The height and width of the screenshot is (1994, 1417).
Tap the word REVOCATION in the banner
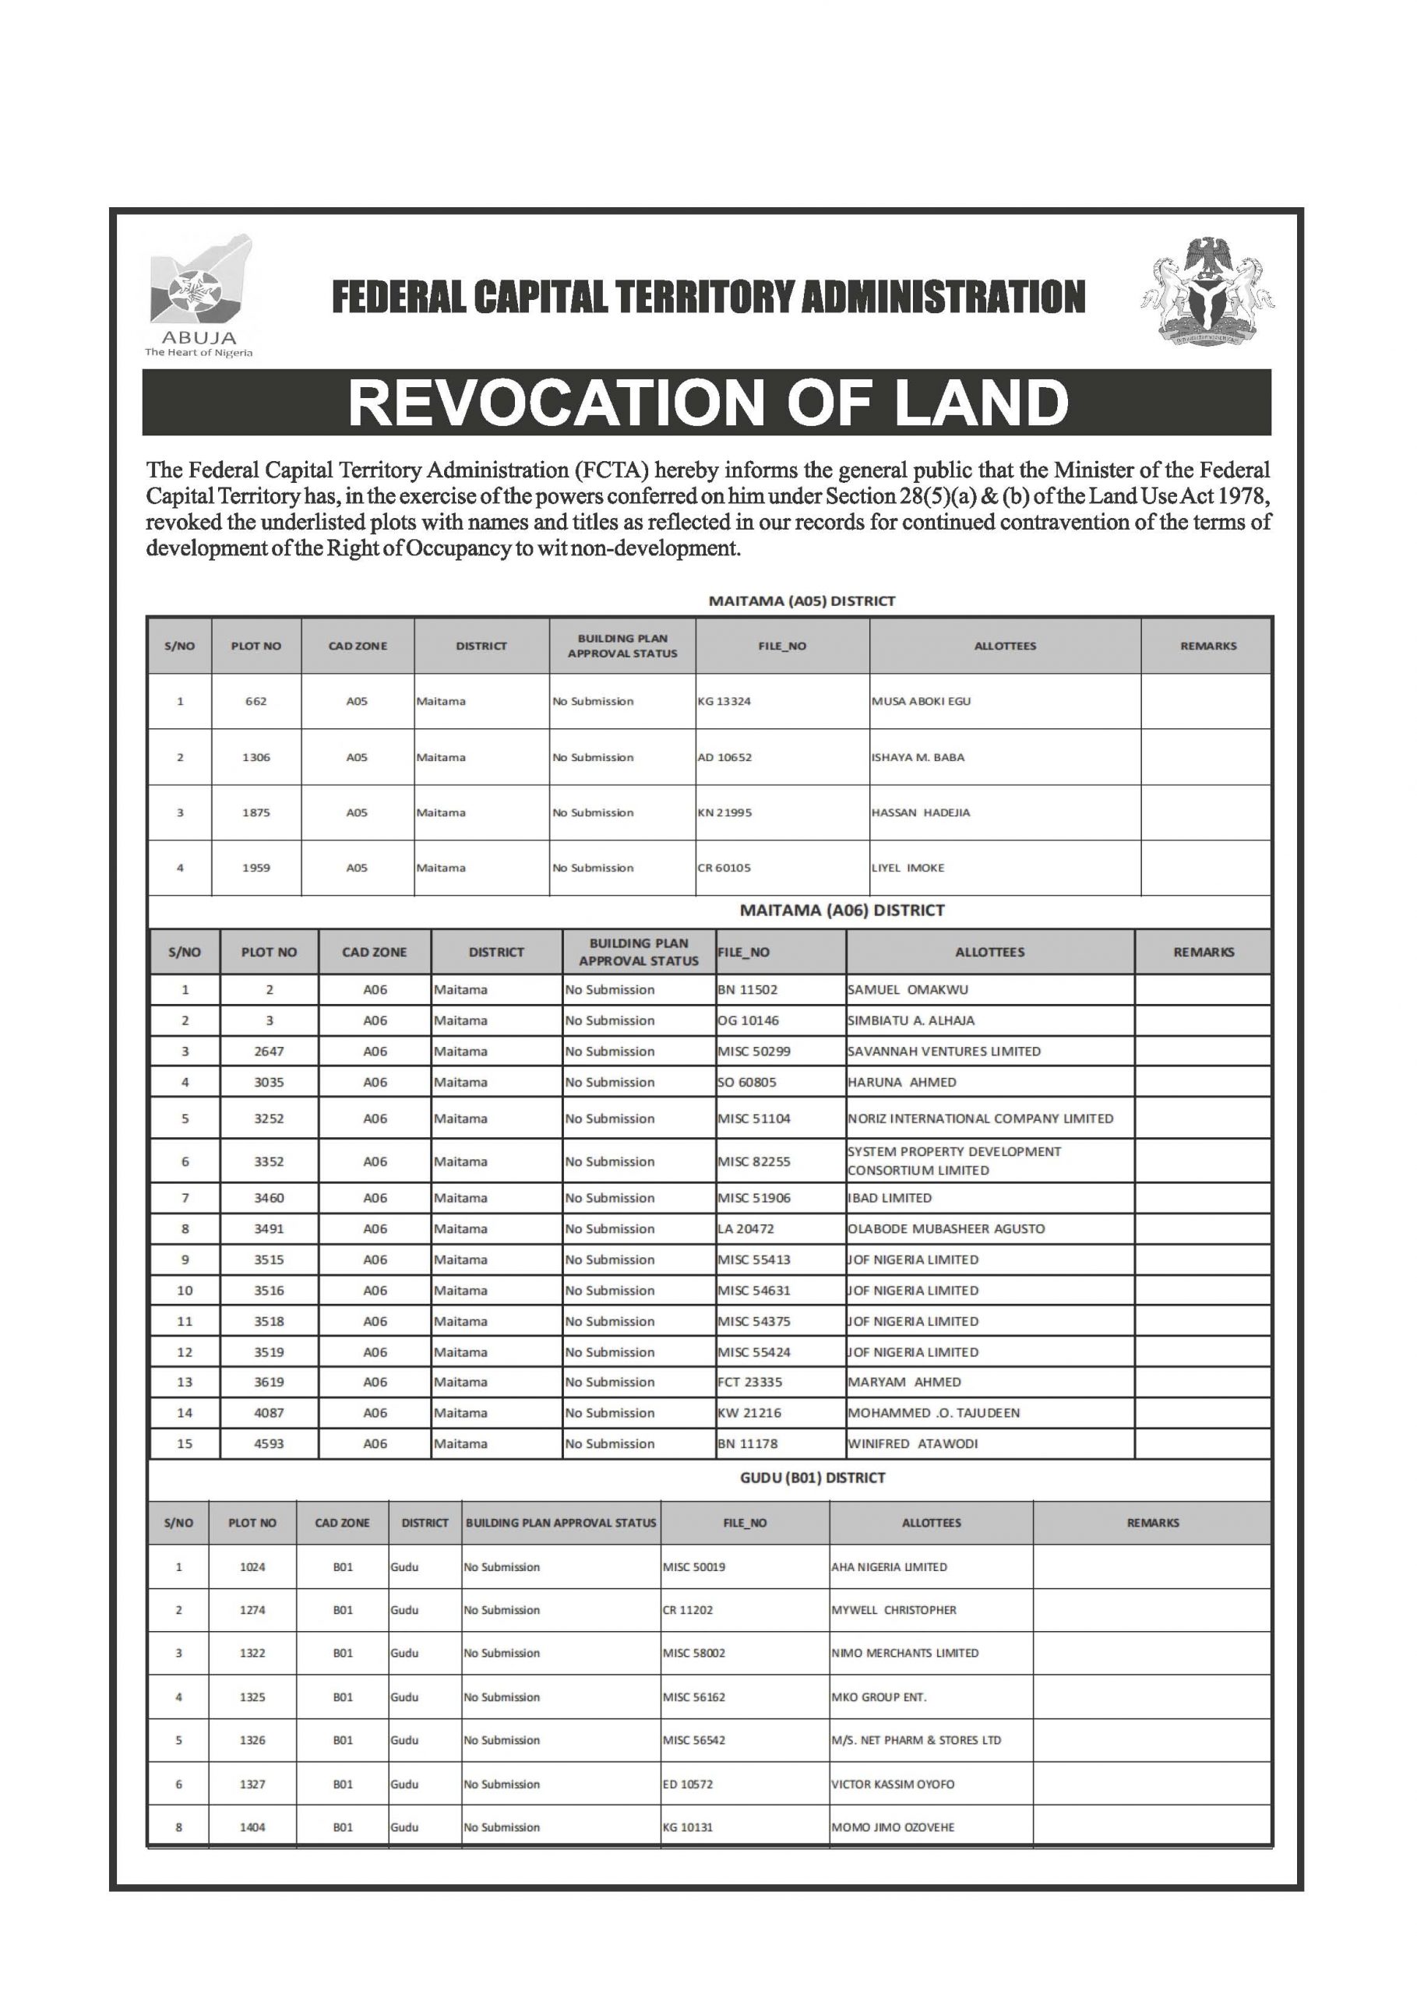(554, 402)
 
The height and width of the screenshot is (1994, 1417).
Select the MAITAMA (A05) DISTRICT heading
(801, 601)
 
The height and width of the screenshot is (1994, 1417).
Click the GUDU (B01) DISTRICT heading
(812, 1478)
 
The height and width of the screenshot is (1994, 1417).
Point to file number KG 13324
(724, 701)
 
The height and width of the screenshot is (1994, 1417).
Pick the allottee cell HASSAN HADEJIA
(921, 812)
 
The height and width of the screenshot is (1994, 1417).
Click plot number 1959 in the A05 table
(256, 868)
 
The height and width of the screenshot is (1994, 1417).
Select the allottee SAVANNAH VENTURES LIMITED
(944, 1051)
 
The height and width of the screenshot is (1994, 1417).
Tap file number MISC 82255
(754, 1161)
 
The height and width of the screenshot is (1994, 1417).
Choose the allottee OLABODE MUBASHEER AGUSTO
(946, 1228)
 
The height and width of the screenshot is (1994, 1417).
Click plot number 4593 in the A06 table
(269, 1443)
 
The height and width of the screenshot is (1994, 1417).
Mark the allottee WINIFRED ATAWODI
(913, 1443)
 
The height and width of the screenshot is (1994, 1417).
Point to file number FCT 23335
(750, 1382)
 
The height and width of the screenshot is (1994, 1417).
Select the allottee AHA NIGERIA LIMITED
(889, 1566)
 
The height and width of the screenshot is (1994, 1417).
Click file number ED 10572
(688, 1784)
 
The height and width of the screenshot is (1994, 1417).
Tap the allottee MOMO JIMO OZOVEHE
(893, 1827)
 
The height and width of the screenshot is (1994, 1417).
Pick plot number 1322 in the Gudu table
(252, 1653)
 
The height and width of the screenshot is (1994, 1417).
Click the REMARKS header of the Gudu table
(1153, 1523)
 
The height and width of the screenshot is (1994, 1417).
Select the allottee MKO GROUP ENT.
(879, 1696)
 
